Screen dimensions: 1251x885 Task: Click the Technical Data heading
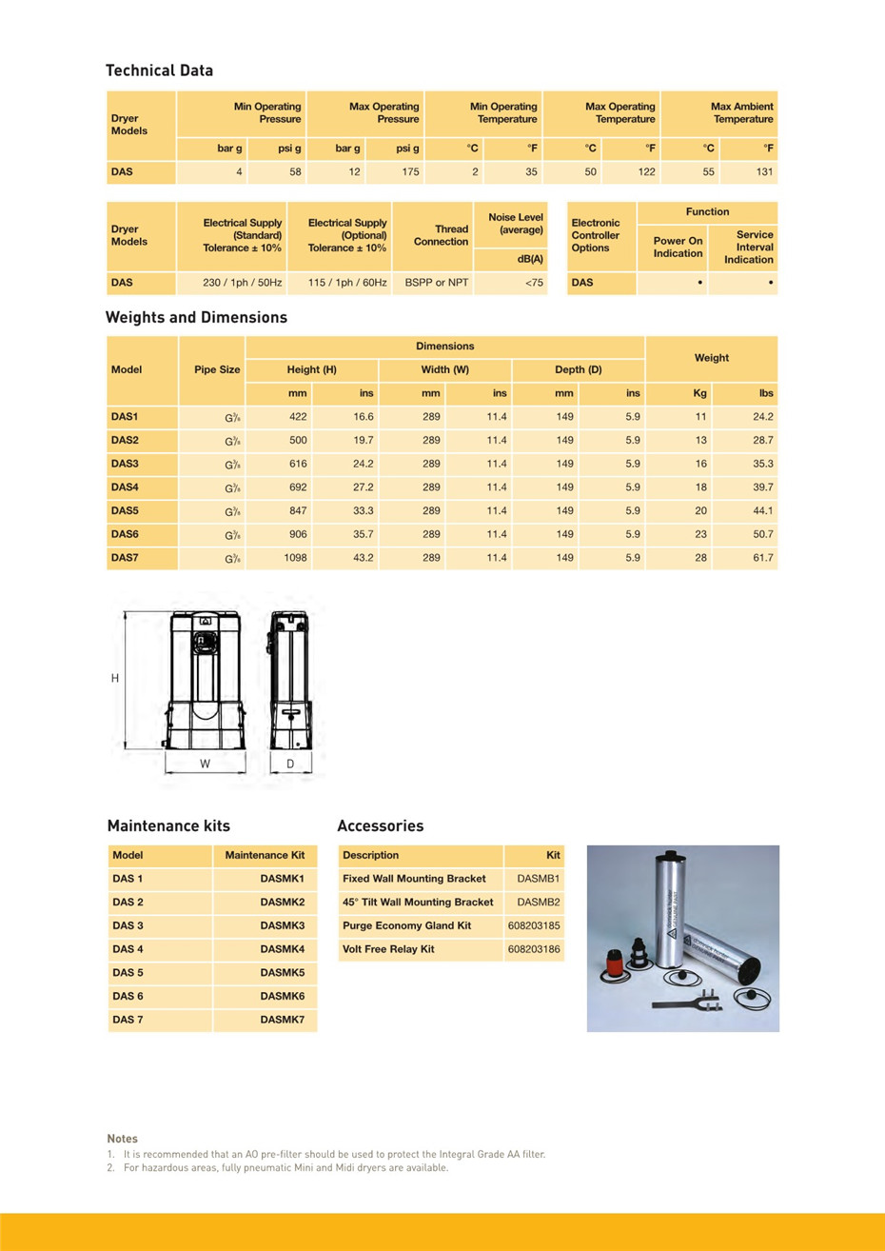point(159,70)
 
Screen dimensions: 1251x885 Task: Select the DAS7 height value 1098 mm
point(295,558)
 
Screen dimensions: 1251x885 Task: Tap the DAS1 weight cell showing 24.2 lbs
point(762,417)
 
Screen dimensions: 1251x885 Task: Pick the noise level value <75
point(534,283)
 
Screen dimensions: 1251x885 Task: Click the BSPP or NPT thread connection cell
point(437,283)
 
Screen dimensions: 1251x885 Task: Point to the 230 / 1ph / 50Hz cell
point(242,283)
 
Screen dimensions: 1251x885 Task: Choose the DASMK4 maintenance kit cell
point(282,949)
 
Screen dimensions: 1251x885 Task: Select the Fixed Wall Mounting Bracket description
point(414,879)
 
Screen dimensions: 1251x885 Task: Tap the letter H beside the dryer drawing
point(115,679)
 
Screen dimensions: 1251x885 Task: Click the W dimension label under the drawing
point(205,764)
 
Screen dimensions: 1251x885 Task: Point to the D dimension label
point(290,764)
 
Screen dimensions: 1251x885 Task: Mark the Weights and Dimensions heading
point(196,318)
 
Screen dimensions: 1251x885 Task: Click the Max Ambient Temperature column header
point(742,112)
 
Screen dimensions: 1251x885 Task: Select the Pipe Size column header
point(217,369)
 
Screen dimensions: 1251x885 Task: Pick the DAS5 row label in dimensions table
point(125,511)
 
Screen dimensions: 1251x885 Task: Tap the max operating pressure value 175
point(410,172)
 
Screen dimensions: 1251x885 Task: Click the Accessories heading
point(380,826)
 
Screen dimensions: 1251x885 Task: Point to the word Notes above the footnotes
point(122,1139)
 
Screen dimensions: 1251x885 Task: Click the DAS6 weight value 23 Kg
point(700,535)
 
